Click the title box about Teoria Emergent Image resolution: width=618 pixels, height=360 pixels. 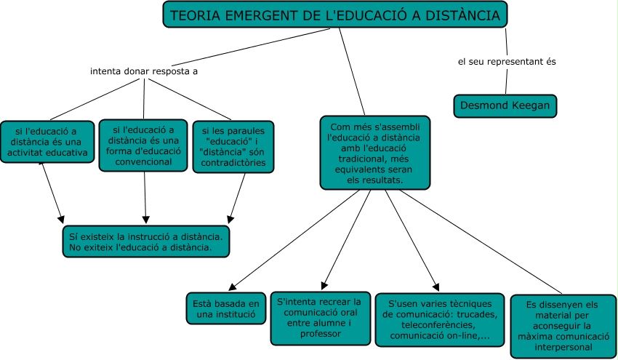[335, 15]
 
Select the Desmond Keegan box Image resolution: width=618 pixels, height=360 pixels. [506, 105]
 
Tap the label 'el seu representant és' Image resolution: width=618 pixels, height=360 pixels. [507, 61]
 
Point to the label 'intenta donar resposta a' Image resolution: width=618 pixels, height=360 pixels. [144, 72]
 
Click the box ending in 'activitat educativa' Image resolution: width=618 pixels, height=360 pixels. [47, 141]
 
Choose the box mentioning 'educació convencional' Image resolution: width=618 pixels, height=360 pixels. [143, 145]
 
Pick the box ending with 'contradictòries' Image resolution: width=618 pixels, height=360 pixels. [233, 147]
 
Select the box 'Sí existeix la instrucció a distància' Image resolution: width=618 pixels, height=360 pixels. [147, 241]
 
